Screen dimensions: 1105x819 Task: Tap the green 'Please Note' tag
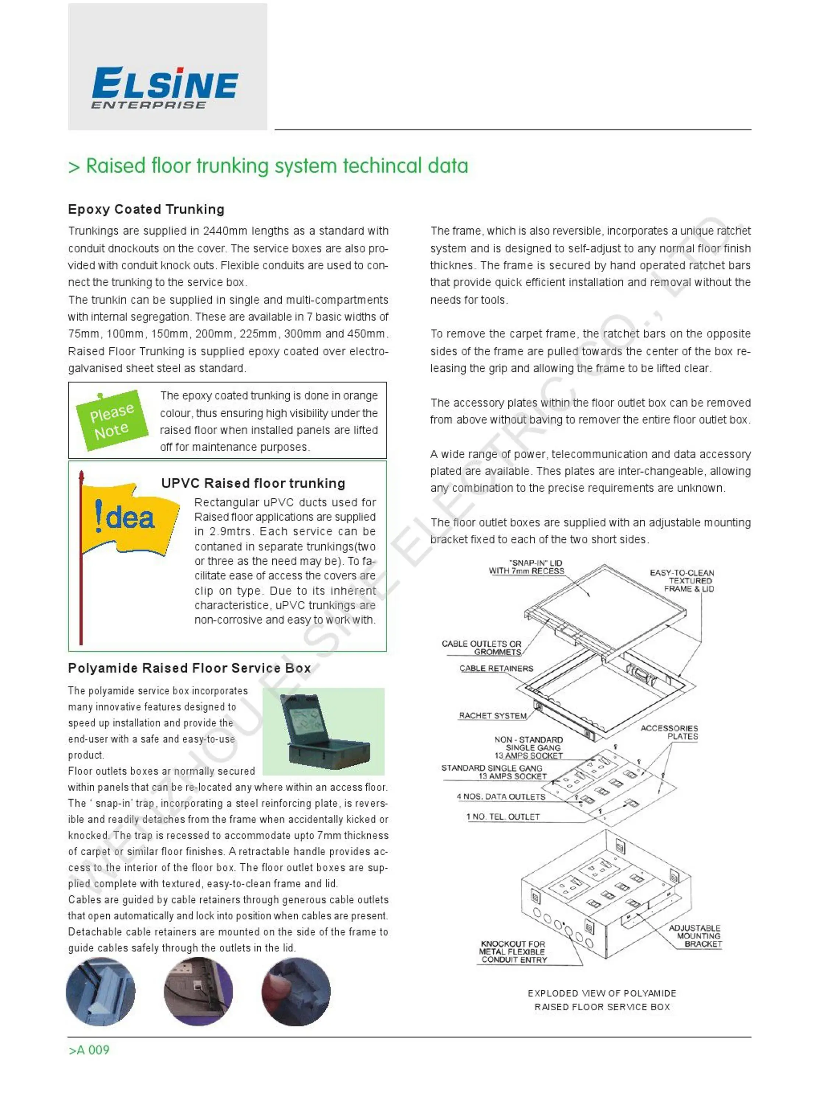(x=112, y=421)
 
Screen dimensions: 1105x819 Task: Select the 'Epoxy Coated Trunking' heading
(x=146, y=209)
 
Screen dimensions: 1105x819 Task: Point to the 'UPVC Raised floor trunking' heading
(x=253, y=483)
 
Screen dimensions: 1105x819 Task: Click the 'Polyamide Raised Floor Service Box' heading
(x=189, y=668)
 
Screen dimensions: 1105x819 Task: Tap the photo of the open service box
(x=324, y=731)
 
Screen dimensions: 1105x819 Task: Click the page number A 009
(x=89, y=1050)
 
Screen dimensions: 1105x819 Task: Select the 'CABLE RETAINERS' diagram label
(x=496, y=669)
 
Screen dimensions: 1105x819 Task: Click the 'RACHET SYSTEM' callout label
(x=493, y=716)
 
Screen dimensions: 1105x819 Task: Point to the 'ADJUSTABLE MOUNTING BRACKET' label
(x=695, y=936)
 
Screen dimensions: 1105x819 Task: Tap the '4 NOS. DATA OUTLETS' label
(x=501, y=796)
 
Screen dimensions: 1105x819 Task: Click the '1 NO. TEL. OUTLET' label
(x=503, y=816)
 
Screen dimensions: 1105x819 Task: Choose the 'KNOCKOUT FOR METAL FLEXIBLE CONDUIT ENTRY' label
(x=513, y=952)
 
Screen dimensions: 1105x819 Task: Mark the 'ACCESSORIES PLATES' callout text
(x=669, y=732)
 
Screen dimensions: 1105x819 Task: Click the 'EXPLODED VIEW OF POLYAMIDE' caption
(x=602, y=993)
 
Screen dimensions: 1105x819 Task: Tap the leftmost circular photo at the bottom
(x=100, y=992)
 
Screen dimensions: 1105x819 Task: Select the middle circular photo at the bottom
(x=198, y=992)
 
